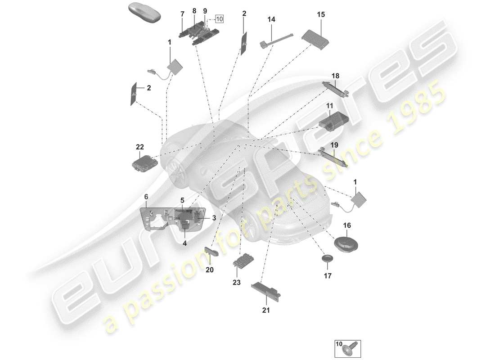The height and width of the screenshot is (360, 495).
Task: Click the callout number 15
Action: (320, 15)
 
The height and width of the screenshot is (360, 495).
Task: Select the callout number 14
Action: (271, 20)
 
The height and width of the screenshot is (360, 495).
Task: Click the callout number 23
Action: (237, 283)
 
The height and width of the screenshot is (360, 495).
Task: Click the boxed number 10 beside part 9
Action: (219, 19)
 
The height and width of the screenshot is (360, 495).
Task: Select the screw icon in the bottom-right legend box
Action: (350, 349)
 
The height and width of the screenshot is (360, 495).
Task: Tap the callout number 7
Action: (182, 14)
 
